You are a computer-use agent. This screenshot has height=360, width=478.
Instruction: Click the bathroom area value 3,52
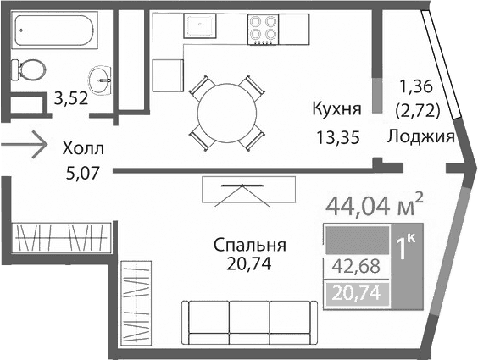(x=71, y=98)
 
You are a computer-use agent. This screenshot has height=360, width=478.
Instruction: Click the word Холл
(x=83, y=148)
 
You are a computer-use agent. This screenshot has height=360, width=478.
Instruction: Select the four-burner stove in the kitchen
(x=264, y=30)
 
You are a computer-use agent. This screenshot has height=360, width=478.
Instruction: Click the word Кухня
(x=337, y=108)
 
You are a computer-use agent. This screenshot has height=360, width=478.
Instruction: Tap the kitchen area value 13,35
(x=337, y=138)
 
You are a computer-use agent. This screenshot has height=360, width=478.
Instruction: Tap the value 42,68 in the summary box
(x=355, y=266)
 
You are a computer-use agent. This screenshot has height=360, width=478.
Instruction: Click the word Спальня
(x=249, y=245)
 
